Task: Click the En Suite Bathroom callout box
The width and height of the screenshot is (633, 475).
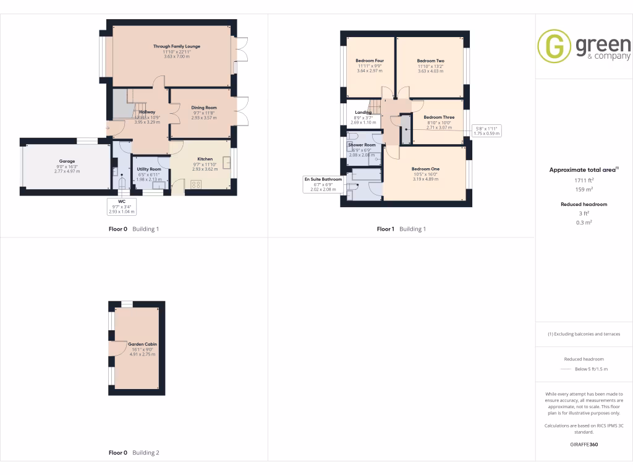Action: pos(323,184)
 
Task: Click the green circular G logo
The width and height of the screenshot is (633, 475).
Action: pos(554,46)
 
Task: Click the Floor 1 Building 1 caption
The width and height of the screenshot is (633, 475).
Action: pos(401,229)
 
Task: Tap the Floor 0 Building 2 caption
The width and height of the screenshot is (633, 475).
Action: pos(134,453)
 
